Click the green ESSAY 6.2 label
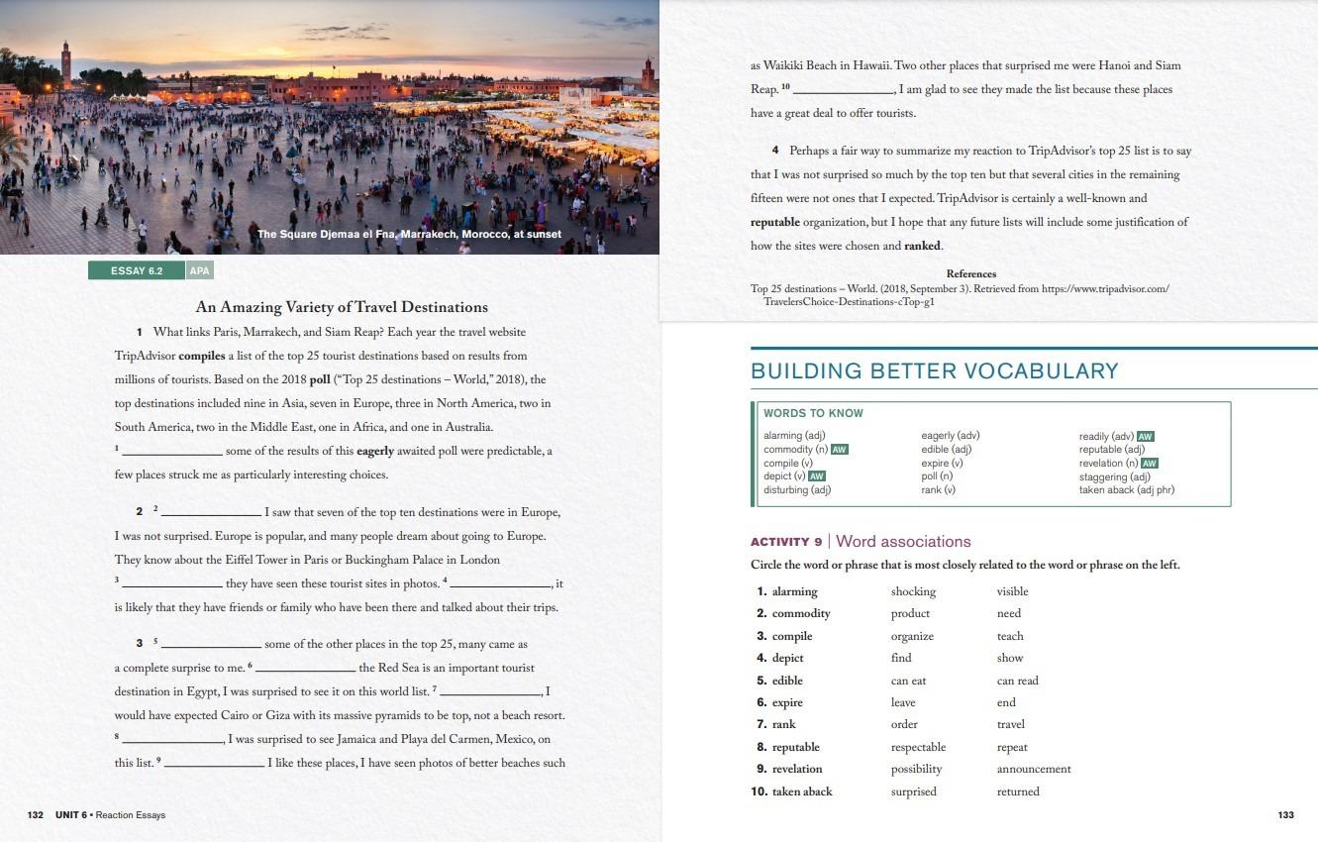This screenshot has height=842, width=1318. click(137, 270)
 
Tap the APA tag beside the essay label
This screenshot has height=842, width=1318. click(199, 270)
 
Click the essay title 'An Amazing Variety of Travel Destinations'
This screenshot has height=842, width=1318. click(342, 307)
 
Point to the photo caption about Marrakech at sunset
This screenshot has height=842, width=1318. click(409, 234)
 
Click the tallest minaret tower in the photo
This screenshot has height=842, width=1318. click(65, 61)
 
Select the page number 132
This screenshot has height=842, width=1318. click(36, 814)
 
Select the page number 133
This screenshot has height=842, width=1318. click(1285, 814)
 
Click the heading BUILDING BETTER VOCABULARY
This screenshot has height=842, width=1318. click(934, 371)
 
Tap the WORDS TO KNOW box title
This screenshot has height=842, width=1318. click(813, 413)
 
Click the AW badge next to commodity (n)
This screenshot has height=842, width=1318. click(839, 450)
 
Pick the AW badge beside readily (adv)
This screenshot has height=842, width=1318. click(1146, 436)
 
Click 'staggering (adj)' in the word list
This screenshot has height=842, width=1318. click(1114, 476)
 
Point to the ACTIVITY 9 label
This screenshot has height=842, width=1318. click(786, 542)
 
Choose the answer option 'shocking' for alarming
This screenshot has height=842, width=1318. click(913, 591)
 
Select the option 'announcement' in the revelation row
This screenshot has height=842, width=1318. click(1033, 769)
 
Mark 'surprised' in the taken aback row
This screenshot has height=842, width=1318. click(913, 791)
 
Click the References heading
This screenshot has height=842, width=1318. click(971, 273)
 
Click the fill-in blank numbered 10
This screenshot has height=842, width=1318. click(845, 90)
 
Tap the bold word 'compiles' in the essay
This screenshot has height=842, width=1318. click(202, 356)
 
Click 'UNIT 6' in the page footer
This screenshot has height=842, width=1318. click(71, 814)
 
